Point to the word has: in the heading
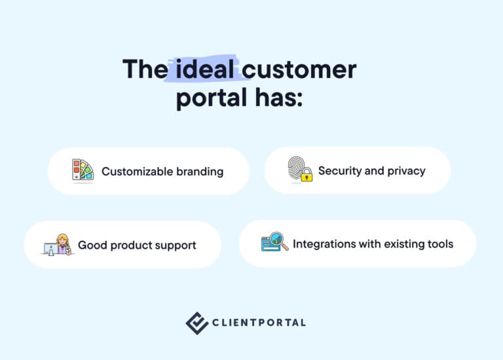click(278, 99)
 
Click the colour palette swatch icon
click(83, 171)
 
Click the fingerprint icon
click(297, 169)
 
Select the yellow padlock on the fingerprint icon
click(307, 175)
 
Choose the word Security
click(340, 171)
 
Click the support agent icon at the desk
click(58, 245)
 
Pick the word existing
click(403, 244)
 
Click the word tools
click(439, 244)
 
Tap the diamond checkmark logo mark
click(196, 323)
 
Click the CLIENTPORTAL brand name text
click(259, 323)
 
